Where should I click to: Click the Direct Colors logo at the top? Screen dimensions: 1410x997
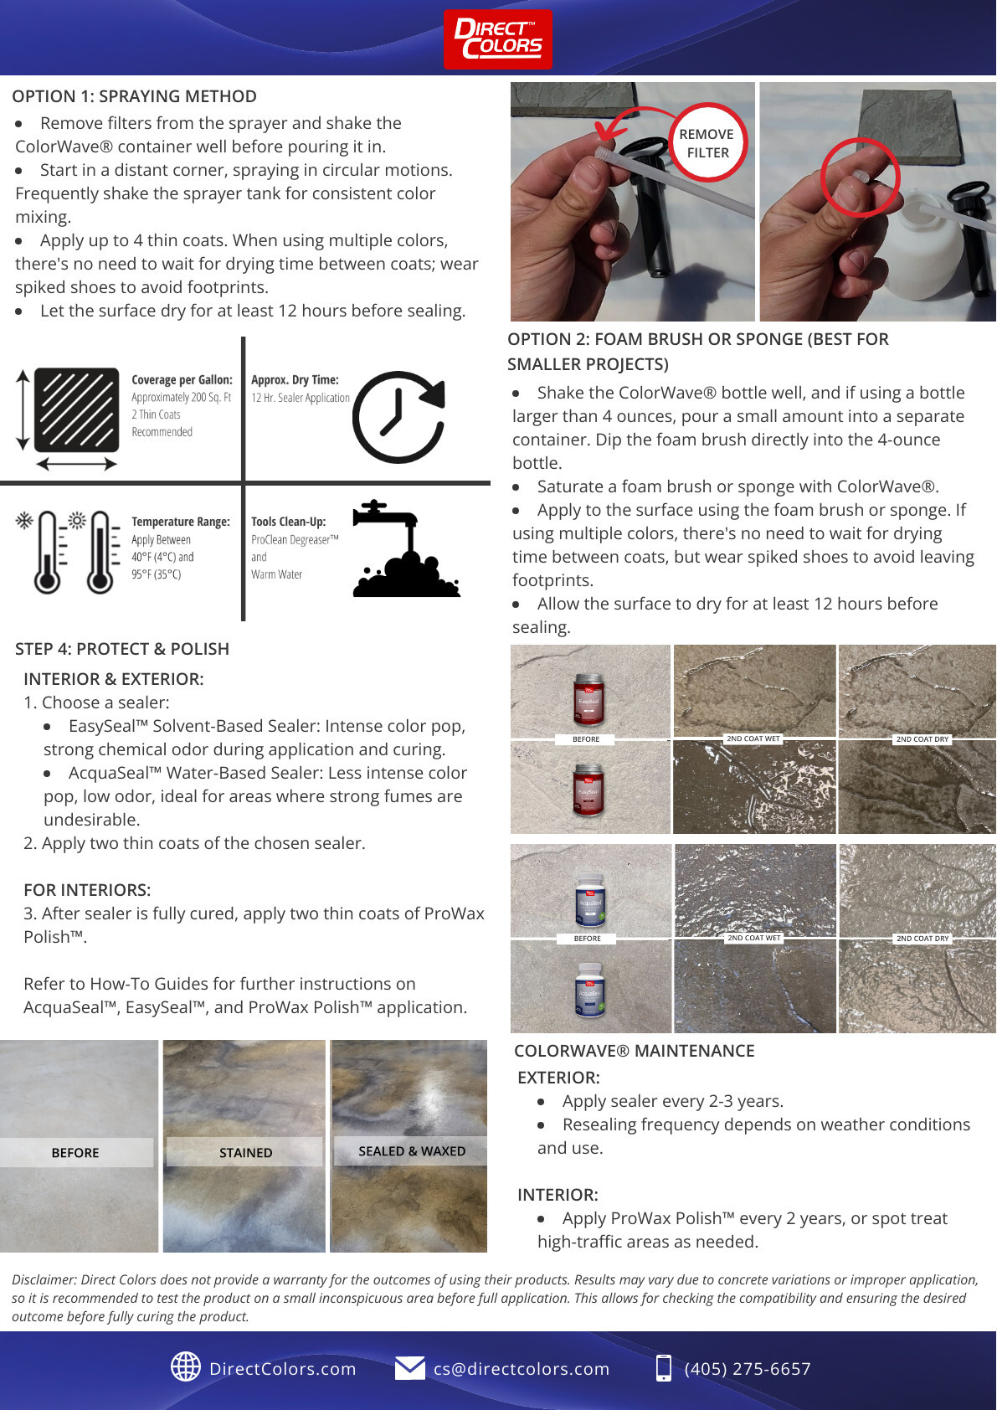click(x=497, y=39)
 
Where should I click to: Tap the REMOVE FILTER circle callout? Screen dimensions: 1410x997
click(x=707, y=143)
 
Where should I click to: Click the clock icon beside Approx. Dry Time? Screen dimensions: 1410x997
click(x=398, y=417)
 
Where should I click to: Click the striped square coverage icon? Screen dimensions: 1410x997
click(x=76, y=409)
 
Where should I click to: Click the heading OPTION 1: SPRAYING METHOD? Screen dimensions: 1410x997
click(x=134, y=96)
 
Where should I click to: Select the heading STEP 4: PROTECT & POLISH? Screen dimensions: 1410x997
click(x=122, y=649)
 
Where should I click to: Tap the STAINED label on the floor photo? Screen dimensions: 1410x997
click(x=245, y=1153)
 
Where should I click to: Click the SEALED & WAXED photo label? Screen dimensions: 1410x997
click(x=411, y=1151)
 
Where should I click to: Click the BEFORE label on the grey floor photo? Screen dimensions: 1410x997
click(x=75, y=1153)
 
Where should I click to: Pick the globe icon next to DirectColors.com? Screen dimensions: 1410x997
click(x=185, y=1366)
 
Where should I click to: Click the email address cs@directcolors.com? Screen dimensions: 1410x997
click(x=521, y=1369)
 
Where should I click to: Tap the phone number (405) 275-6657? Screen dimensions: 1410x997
click(x=747, y=1369)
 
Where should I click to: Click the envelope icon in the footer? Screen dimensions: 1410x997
click(x=409, y=1367)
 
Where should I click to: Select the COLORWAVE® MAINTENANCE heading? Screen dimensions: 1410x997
click(x=634, y=1051)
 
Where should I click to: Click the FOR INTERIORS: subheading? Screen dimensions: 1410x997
click(x=87, y=890)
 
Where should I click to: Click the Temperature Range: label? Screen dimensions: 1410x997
click(x=180, y=522)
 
